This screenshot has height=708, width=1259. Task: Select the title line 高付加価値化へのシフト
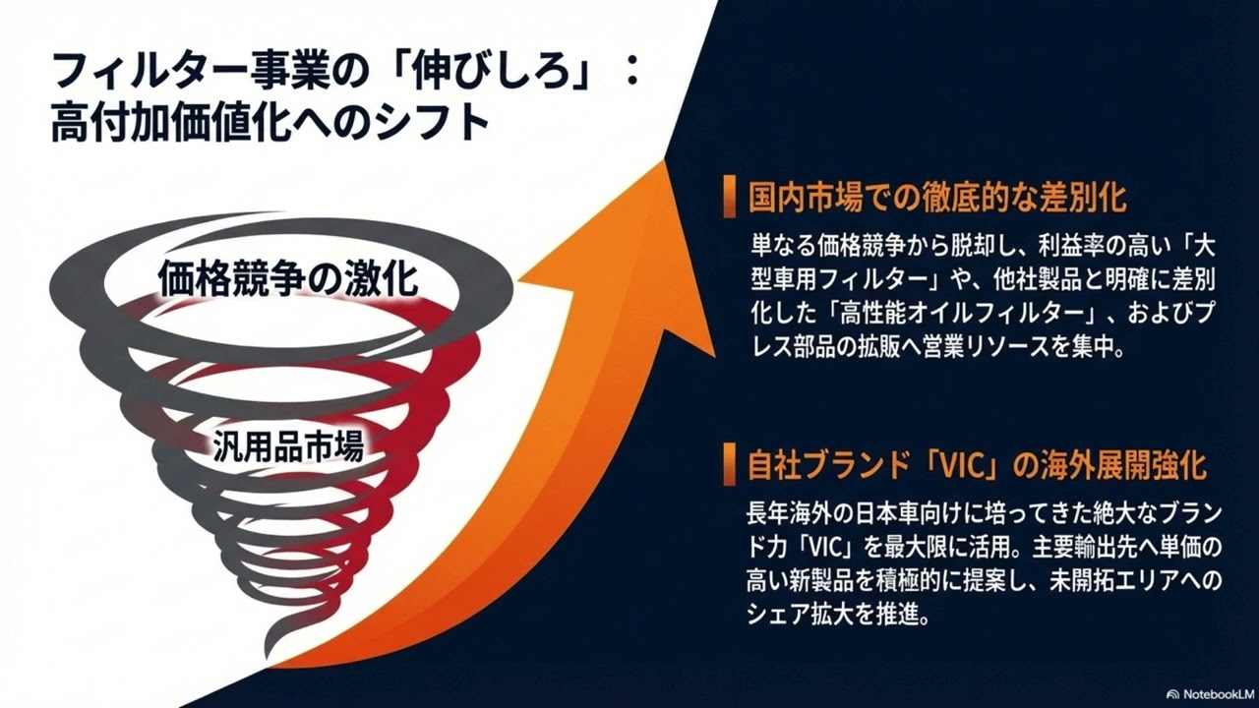(x=270, y=125)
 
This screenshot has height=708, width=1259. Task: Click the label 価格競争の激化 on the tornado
(x=288, y=279)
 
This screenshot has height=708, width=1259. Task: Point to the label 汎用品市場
(x=288, y=447)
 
